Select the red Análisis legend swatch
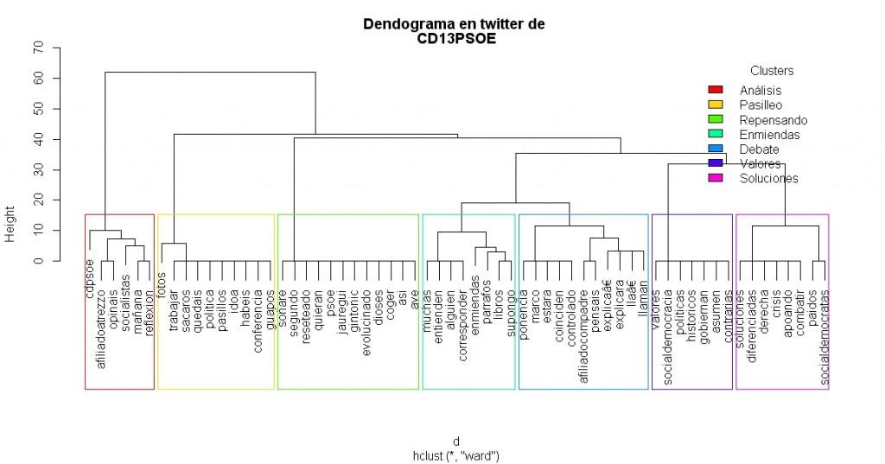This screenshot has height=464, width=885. pyautogui.click(x=715, y=90)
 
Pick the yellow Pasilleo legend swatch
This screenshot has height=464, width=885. pyautogui.click(x=715, y=105)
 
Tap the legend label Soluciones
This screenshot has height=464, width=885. pyautogui.click(x=768, y=179)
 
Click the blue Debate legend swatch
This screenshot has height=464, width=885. pyautogui.click(x=715, y=149)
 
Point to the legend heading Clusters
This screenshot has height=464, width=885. pyautogui.click(x=771, y=71)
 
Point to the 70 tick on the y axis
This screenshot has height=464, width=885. pyautogui.click(x=38, y=48)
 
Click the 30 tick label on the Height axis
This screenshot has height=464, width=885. pyautogui.click(x=38, y=169)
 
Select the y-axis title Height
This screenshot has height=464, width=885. pyautogui.click(x=11, y=224)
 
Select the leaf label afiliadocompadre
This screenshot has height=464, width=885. pyautogui.click(x=584, y=324)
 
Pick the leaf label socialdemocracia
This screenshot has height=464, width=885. pyautogui.click(x=668, y=324)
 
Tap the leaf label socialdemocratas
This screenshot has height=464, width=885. pyautogui.click(x=824, y=324)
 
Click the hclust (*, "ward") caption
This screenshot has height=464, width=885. pyautogui.click(x=456, y=454)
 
